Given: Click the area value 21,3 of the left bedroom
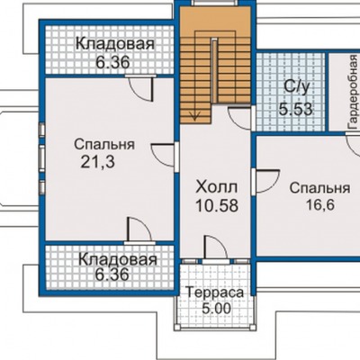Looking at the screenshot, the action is pos(97,162).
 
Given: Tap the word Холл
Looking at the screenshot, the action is pos(217,187).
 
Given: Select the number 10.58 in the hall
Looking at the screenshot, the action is pos(217,206).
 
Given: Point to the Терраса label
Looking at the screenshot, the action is pos(214,292).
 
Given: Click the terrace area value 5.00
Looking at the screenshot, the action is pos(217,308).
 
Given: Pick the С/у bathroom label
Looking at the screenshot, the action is pos(297,87).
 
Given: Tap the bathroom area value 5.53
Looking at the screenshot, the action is pos(296,109).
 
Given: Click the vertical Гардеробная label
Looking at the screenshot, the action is pos(353,92).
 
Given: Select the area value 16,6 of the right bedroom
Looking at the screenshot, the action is pos(320,205).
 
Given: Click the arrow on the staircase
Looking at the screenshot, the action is pos(195,115).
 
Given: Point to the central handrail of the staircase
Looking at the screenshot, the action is pos(214,70).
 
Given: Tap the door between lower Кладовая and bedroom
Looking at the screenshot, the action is pos(139,229).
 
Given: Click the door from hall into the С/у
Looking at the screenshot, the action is pos(240,118).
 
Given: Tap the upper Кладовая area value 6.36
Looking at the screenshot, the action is pos(112,63).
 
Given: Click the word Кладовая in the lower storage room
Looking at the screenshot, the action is pos(118,259).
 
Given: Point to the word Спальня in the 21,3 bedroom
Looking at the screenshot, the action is pos(104,145).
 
